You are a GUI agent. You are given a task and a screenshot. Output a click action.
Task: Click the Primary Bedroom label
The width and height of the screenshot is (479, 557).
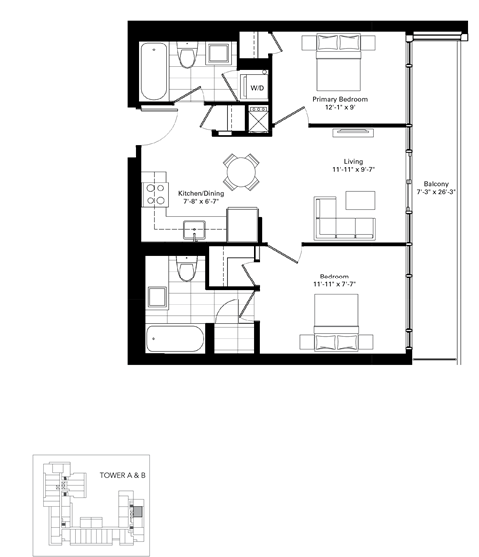pos(339,100)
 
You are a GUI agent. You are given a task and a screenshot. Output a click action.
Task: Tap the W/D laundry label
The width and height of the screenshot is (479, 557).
pos(256,88)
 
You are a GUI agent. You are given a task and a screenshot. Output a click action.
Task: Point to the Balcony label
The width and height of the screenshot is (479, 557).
pos(435,182)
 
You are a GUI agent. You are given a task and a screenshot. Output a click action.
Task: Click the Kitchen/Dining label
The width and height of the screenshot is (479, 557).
pos(201,193)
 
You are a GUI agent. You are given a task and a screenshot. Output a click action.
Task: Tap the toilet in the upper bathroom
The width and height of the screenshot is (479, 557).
pos(183,59)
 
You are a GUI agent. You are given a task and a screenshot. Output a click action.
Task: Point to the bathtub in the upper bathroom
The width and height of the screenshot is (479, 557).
pos(154,70)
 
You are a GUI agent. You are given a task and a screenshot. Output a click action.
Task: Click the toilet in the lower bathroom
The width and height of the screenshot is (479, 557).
pos(182,270)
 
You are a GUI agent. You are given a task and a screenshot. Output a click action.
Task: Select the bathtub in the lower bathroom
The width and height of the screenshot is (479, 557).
pos(176,340)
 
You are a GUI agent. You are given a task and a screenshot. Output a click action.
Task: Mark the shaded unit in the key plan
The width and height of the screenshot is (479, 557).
pos(139,512)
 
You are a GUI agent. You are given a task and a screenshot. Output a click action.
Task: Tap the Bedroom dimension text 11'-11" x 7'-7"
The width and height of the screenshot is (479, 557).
pos(339,284)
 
